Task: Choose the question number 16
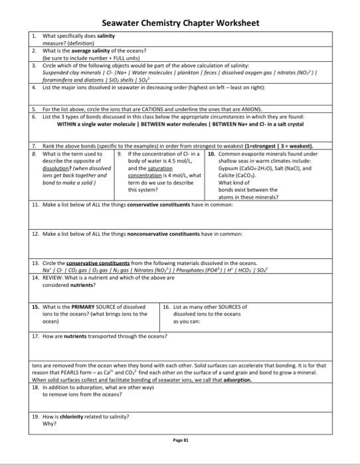coord(166,307)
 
